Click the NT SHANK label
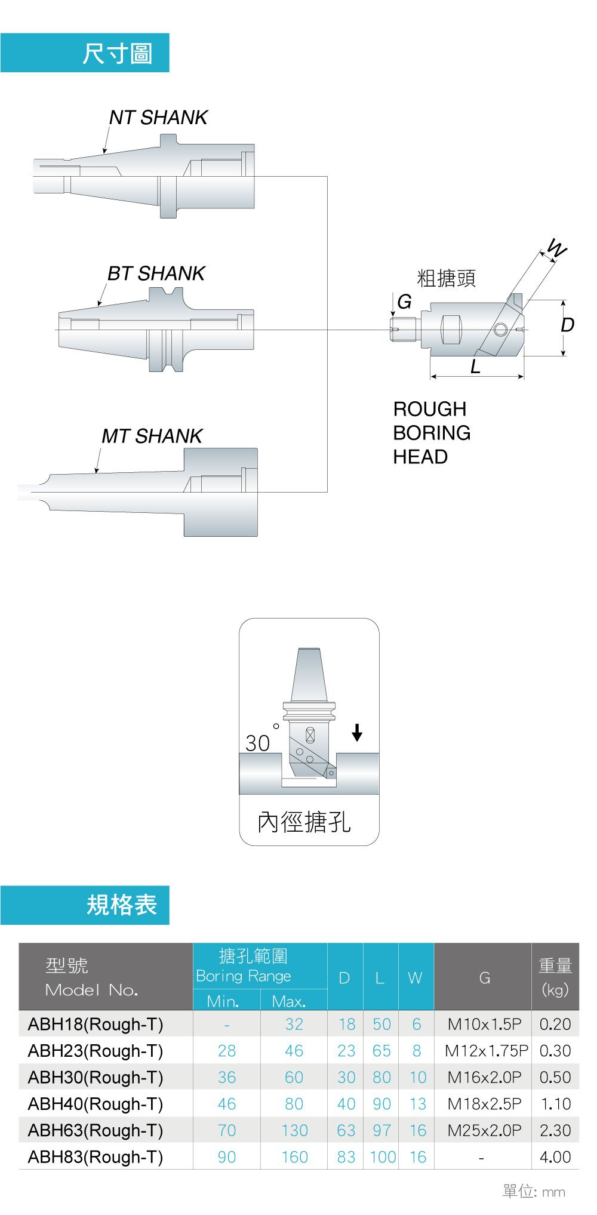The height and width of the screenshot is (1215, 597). (158, 118)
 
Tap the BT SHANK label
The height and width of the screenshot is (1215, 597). (156, 273)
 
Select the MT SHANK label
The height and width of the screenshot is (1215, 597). (152, 436)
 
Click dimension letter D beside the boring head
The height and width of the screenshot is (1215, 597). (567, 325)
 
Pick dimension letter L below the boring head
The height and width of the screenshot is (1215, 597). (475, 367)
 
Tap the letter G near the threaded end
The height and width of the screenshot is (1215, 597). (404, 302)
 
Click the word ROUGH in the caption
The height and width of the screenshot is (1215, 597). (430, 409)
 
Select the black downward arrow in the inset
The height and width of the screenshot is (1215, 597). (357, 732)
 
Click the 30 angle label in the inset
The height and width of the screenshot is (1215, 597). (258, 743)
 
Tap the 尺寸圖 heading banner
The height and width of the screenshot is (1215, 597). (85, 53)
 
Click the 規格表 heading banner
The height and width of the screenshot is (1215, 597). (85, 905)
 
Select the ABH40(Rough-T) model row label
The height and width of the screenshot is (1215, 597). (96, 1104)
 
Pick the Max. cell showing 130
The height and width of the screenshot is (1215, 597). (294, 1130)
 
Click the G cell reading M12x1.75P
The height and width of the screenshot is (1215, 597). (486, 1051)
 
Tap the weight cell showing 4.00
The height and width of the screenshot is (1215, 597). (555, 1157)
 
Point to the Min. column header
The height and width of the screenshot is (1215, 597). (223, 1001)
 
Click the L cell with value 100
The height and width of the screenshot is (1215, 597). (383, 1157)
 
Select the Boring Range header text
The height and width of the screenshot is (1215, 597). (244, 976)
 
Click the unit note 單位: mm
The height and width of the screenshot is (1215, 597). (533, 1192)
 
